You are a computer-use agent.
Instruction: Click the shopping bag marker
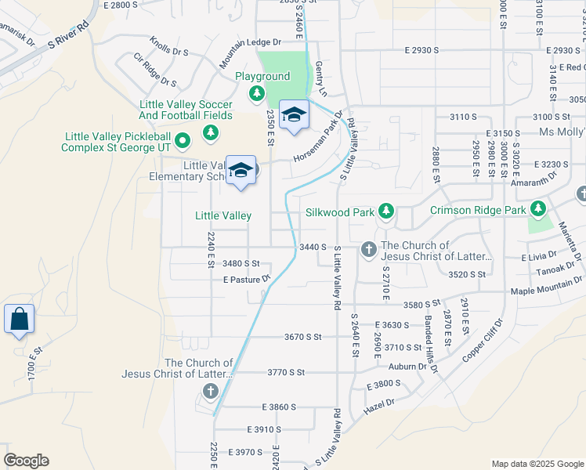coord(19,320)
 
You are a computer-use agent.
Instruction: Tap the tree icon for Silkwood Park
coord(385,211)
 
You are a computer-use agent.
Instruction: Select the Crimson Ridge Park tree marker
coord(537,209)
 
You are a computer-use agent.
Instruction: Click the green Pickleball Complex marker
coord(183,142)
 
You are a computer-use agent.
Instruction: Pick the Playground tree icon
coord(256,94)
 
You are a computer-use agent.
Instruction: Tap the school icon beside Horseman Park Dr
coord(294,115)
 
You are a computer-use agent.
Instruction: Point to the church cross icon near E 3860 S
coord(209,391)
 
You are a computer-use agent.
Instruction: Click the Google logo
coord(26,461)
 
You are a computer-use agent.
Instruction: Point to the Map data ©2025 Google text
coord(537,464)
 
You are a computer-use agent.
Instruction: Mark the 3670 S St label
coord(303,337)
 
